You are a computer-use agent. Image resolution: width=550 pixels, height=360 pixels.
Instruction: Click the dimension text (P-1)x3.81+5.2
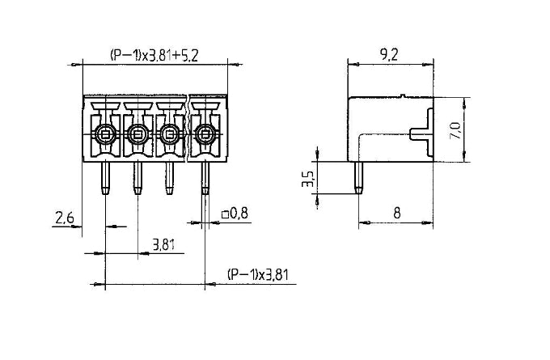pos(154,55)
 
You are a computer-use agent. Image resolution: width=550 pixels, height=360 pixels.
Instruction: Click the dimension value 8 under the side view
pos(397,214)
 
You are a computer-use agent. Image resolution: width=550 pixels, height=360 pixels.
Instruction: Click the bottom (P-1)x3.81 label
pos(257,275)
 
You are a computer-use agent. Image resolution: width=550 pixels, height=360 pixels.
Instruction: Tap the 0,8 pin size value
pos(239,214)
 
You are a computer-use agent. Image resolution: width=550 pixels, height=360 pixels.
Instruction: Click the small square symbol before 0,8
pos(224,215)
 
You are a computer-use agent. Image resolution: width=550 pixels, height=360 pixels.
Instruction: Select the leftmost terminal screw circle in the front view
pos(105,133)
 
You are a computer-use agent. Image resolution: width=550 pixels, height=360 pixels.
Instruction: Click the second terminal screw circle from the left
pos(137,133)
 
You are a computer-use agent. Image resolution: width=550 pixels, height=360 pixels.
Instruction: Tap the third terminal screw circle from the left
pos(170,133)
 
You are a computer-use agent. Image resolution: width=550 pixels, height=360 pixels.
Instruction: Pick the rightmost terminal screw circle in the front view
pos(205,133)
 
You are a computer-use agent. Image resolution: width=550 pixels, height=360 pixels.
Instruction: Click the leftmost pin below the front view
pos(105,178)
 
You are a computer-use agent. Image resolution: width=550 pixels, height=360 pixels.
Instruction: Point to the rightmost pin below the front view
pos(205,178)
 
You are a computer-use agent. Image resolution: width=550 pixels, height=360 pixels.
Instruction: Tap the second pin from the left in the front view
pos(137,178)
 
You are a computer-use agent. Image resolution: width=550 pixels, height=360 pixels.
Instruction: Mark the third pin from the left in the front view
pos(170,178)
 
